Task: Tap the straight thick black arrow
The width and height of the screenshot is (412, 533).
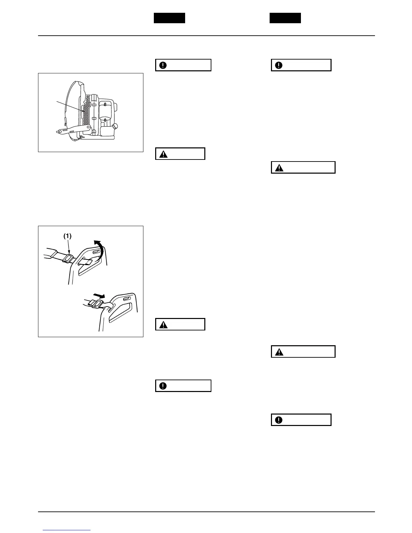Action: (99, 296)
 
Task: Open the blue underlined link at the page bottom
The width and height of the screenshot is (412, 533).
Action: (67, 530)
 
